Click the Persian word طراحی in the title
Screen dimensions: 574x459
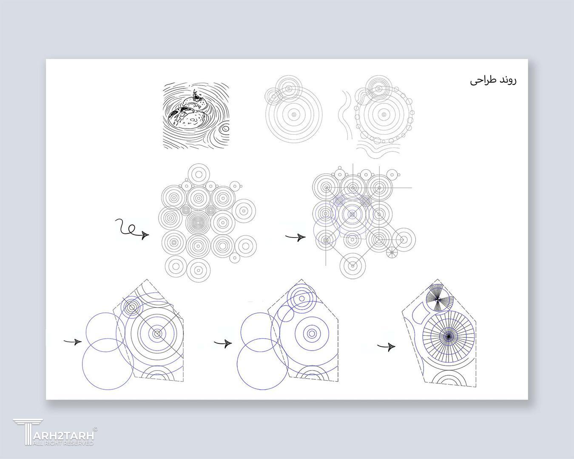click(x=482, y=81)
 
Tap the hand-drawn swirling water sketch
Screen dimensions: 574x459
click(x=196, y=116)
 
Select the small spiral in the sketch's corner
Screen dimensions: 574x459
click(x=225, y=129)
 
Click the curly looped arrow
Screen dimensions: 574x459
click(x=132, y=229)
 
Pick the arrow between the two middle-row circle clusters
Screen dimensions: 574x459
click(x=296, y=237)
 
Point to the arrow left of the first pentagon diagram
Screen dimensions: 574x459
click(x=73, y=342)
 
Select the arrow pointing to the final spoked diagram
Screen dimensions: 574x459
click(x=386, y=346)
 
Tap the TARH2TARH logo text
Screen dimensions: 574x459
click(x=64, y=435)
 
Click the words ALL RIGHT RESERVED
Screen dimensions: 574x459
click(x=63, y=443)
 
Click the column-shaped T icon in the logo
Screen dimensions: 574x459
click(x=28, y=432)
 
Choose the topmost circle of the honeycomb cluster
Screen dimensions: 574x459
click(x=199, y=174)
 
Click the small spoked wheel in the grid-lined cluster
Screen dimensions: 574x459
click(x=392, y=252)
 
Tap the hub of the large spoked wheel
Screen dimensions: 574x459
click(x=449, y=337)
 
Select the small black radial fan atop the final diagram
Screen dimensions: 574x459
click(x=437, y=298)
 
